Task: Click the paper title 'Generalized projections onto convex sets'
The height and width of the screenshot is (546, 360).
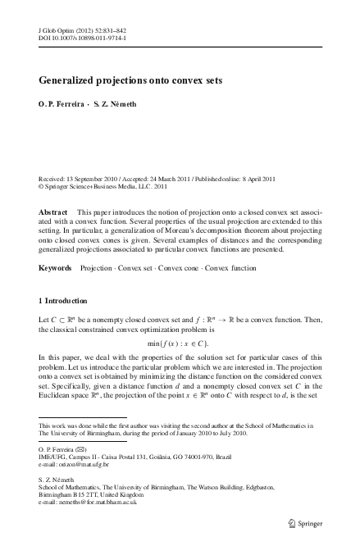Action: tap(136, 82)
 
